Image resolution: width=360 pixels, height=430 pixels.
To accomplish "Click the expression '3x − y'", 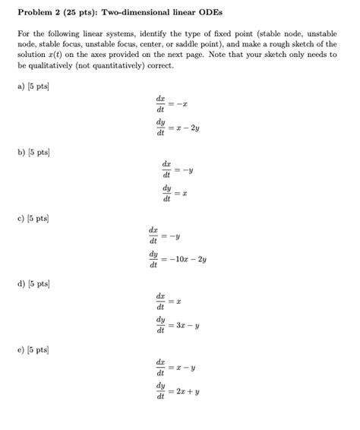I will [x=190, y=325].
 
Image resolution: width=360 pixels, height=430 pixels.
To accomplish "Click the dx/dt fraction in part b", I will [x=166, y=169].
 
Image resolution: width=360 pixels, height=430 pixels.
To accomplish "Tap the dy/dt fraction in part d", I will [x=160, y=325].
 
